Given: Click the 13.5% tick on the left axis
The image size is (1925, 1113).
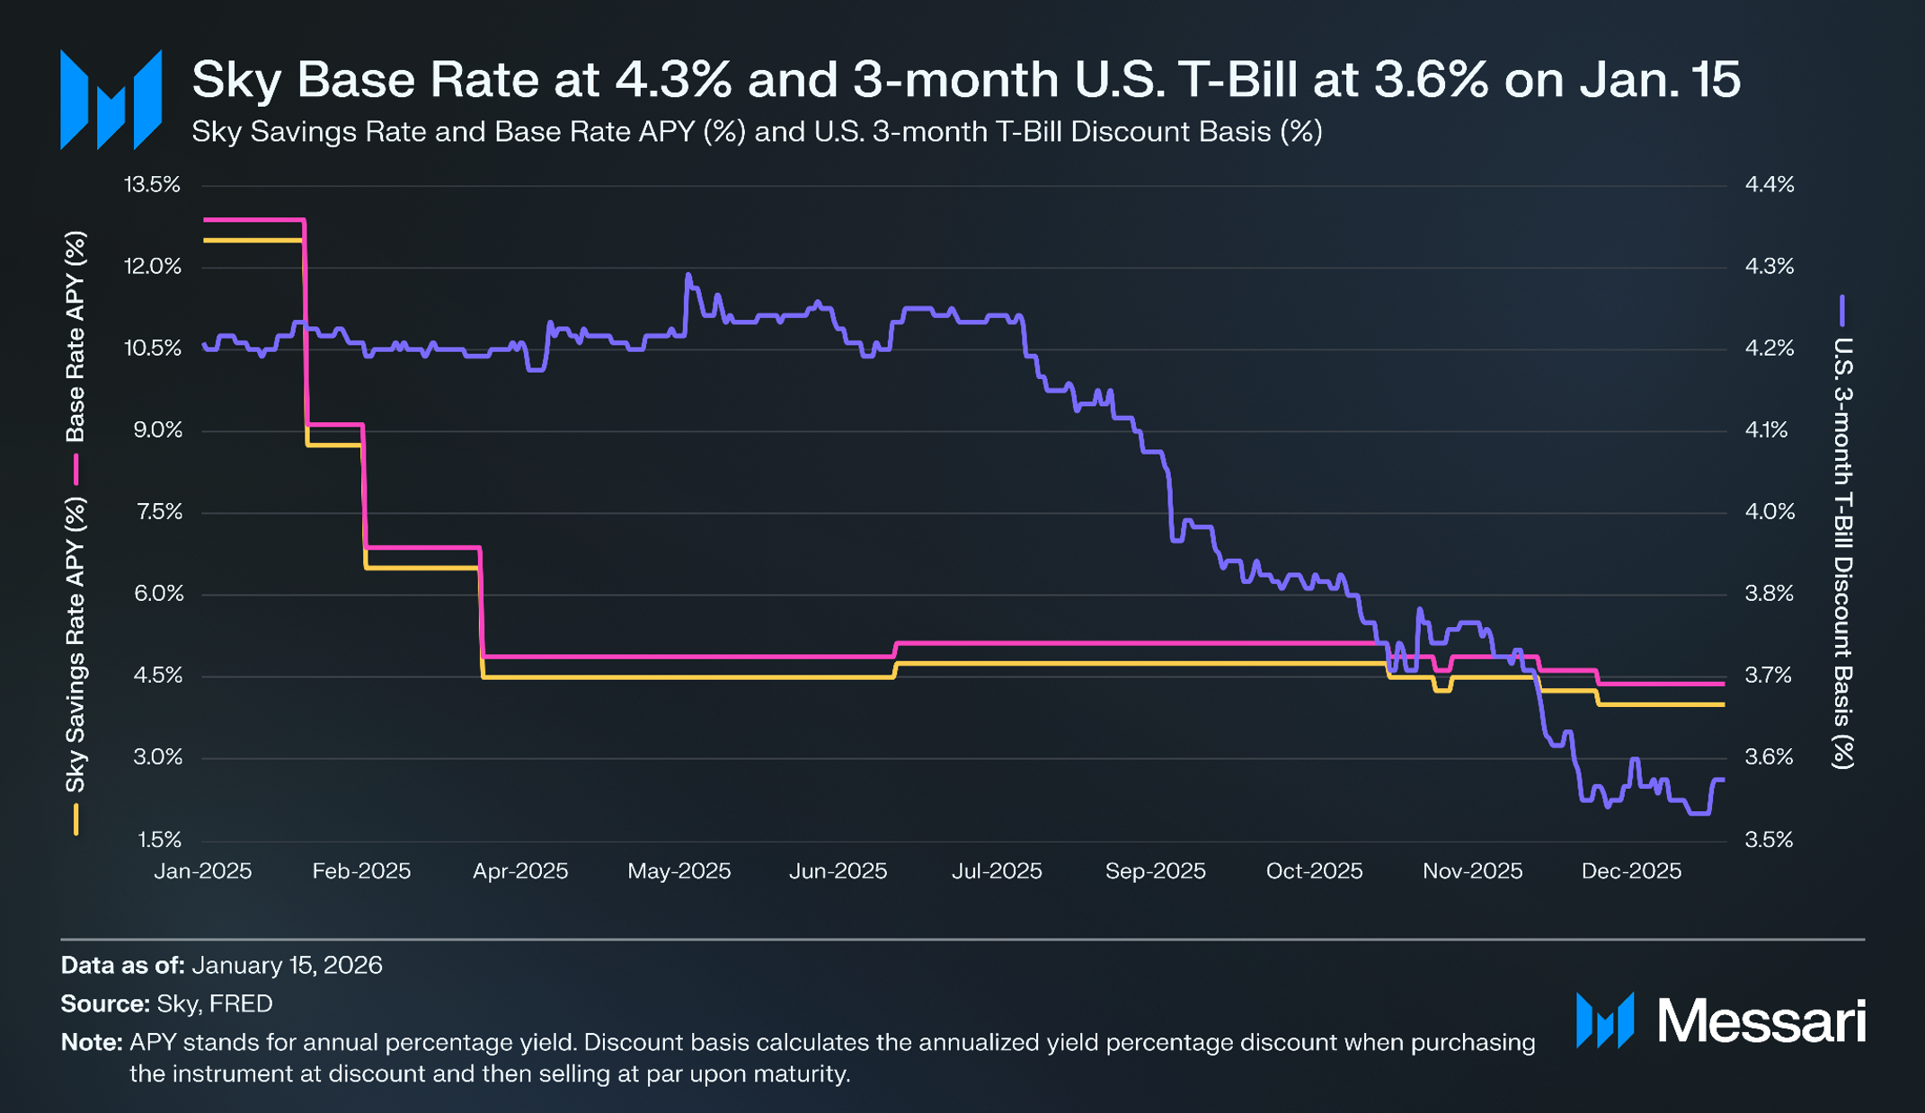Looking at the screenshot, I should click(x=152, y=185).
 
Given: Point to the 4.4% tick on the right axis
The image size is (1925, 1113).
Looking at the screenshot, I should click(x=1769, y=185).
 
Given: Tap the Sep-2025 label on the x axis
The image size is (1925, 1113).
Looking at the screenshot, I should click(x=1155, y=871).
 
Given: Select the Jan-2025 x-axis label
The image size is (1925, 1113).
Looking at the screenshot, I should click(x=203, y=871).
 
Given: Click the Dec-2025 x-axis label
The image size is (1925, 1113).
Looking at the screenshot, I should click(x=1630, y=871).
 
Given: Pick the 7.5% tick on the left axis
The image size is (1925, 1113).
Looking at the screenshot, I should click(x=158, y=512).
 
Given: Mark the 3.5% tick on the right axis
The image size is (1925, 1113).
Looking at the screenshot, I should click(x=1769, y=840).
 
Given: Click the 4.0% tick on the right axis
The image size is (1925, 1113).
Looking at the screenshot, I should click(x=1769, y=512).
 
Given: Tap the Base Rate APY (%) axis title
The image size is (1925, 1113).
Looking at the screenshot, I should click(x=76, y=337).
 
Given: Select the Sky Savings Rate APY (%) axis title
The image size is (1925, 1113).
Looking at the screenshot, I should click(x=76, y=645).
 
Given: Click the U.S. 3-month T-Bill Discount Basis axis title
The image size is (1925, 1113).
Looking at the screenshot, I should click(x=1842, y=552).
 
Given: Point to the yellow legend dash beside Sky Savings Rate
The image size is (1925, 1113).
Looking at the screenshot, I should click(x=76, y=819).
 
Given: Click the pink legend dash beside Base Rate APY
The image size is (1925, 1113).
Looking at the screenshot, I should click(x=76, y=470).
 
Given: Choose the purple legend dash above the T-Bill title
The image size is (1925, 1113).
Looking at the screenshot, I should click(x=1842, y=311).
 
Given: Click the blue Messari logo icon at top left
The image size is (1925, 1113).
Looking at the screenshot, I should click(x=111, y=100).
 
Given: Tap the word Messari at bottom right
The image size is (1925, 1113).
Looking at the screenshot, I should click(x=1761, y=1021).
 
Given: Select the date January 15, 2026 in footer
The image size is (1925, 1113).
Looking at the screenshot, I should click(x=287, y=966).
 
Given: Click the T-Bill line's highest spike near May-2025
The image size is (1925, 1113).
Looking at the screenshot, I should click(x=688, y=275).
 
